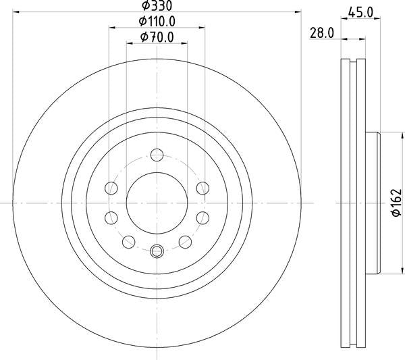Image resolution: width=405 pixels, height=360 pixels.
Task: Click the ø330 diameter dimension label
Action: coord(157,5)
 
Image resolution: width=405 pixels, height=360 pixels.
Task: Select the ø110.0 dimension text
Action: coord(157,21)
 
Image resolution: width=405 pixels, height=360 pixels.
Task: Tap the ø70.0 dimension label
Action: coord(157,37)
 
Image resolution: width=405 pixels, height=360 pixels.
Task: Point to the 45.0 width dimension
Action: coord(360,12)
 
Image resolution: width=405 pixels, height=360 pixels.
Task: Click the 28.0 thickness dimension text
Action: coord(322,33)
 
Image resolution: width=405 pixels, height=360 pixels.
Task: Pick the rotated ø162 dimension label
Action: coord(397,203)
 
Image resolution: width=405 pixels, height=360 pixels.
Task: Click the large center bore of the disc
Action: coord(157,203)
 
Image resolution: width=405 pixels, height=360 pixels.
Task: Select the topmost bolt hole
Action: coord(157,155)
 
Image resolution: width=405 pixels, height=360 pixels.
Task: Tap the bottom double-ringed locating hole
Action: coord(157,251)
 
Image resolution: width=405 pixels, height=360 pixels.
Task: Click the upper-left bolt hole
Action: coord(111,188)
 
